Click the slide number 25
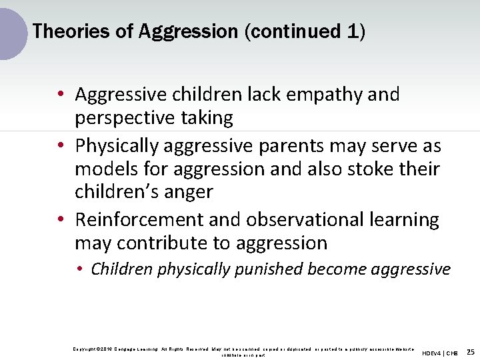pos(471,351)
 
